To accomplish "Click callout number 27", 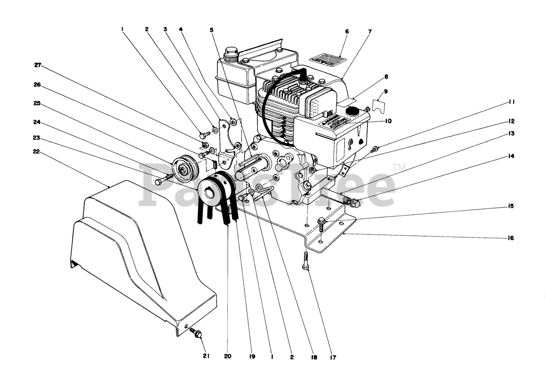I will coord(37,65).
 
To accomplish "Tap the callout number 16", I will coord(511,238).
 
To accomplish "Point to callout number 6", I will coord(347,31).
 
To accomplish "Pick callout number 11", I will coord(511,102).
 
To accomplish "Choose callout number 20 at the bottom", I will coord(227,357).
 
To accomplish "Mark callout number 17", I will coord(333,357).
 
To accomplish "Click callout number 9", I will coord(385,91).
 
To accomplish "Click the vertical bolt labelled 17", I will coord(306,260).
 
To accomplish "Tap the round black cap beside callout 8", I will coord(352,111).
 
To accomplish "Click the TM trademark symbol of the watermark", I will coord(399,167).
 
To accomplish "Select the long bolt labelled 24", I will coord(163,179).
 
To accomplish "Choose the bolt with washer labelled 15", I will coord(321,222).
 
